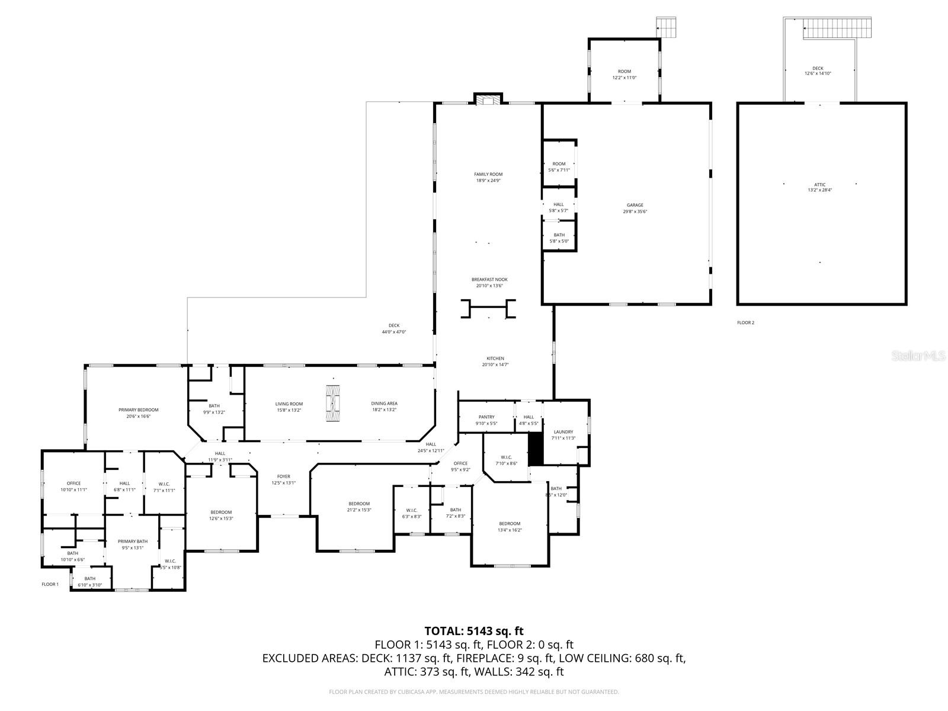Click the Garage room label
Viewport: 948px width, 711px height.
pyautogui.click(x=635, y=208)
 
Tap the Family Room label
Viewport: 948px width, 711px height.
pyautogui.click(x=488, y=177)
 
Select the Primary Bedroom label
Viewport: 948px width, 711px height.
pyautogui.click(x=138, y=413)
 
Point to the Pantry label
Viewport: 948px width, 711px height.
pyautogui.click(x=486, y=420)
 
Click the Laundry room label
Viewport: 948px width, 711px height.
pyautogui.click(x=563, y=435)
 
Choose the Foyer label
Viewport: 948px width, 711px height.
pyautogui.click(x=283, y=479)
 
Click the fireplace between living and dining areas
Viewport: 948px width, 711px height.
pyautogui.click(x=333, y=403)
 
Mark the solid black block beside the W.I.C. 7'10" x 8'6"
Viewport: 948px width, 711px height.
pyautogui.click(x=536, y=449)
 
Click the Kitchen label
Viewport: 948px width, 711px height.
pyautogui.click(x=495, y=361)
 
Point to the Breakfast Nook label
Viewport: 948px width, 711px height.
pyautogui.click(x=489, y=282)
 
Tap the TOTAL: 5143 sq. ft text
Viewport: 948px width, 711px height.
pyautogui.click(x=473, y=631)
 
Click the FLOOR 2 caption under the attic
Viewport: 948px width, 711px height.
pyautogui.click(x=745, y=323)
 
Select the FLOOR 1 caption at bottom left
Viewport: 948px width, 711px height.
pyautogui.click(x=50, y=584)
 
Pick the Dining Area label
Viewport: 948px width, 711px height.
pyautogui.click(x=384, y=406)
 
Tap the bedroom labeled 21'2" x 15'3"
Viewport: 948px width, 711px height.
pyautogui.click(x=359, y=507)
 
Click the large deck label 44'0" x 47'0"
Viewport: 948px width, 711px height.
pyautogui.click(x=394, y=328)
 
